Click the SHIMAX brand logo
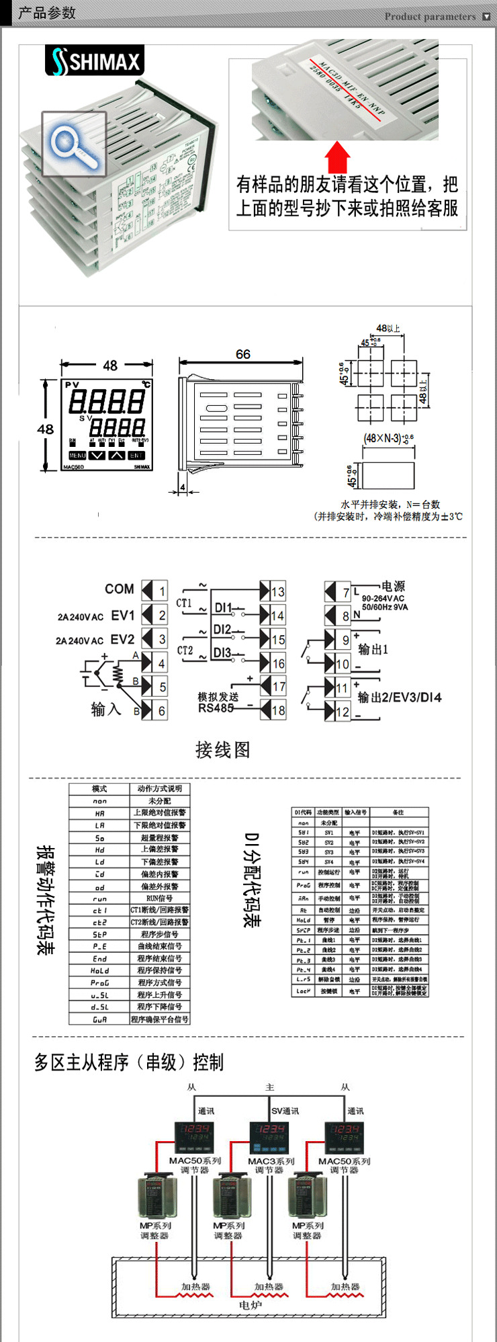coord(95,61)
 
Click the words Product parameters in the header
coord(430,16)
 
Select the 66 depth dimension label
coord(242,354)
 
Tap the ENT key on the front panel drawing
coord(137,455)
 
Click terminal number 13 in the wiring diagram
coord(278,592)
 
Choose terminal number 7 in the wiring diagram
coord(346,592)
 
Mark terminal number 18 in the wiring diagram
coord(278,710)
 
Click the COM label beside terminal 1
coord(119,589)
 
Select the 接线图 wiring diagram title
coord(222,749)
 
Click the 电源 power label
coord(393,586)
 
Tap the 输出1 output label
coord(373,649)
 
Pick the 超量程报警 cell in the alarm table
coord(159,838)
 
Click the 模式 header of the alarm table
coord(99,789)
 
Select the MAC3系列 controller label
coord(271,1161)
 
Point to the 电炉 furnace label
coord(250,1305)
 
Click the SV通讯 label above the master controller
coord(285,1111)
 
